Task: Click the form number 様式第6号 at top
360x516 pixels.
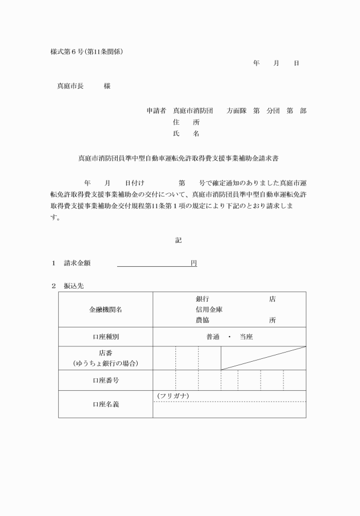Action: pos(67,51)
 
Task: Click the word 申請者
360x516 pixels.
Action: pos(156,110)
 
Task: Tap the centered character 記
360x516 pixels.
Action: pos(178,241)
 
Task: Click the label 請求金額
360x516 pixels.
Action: pos(77,263)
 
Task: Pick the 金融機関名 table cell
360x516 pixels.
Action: pos(106,309)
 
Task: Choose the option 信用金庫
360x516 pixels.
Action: pos(209,309)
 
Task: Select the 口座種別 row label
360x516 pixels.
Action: pos(106,337)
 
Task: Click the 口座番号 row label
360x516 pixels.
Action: pos(106,379)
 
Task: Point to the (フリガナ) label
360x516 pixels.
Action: pos(173,396)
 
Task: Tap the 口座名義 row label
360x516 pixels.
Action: pos(106,404)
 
